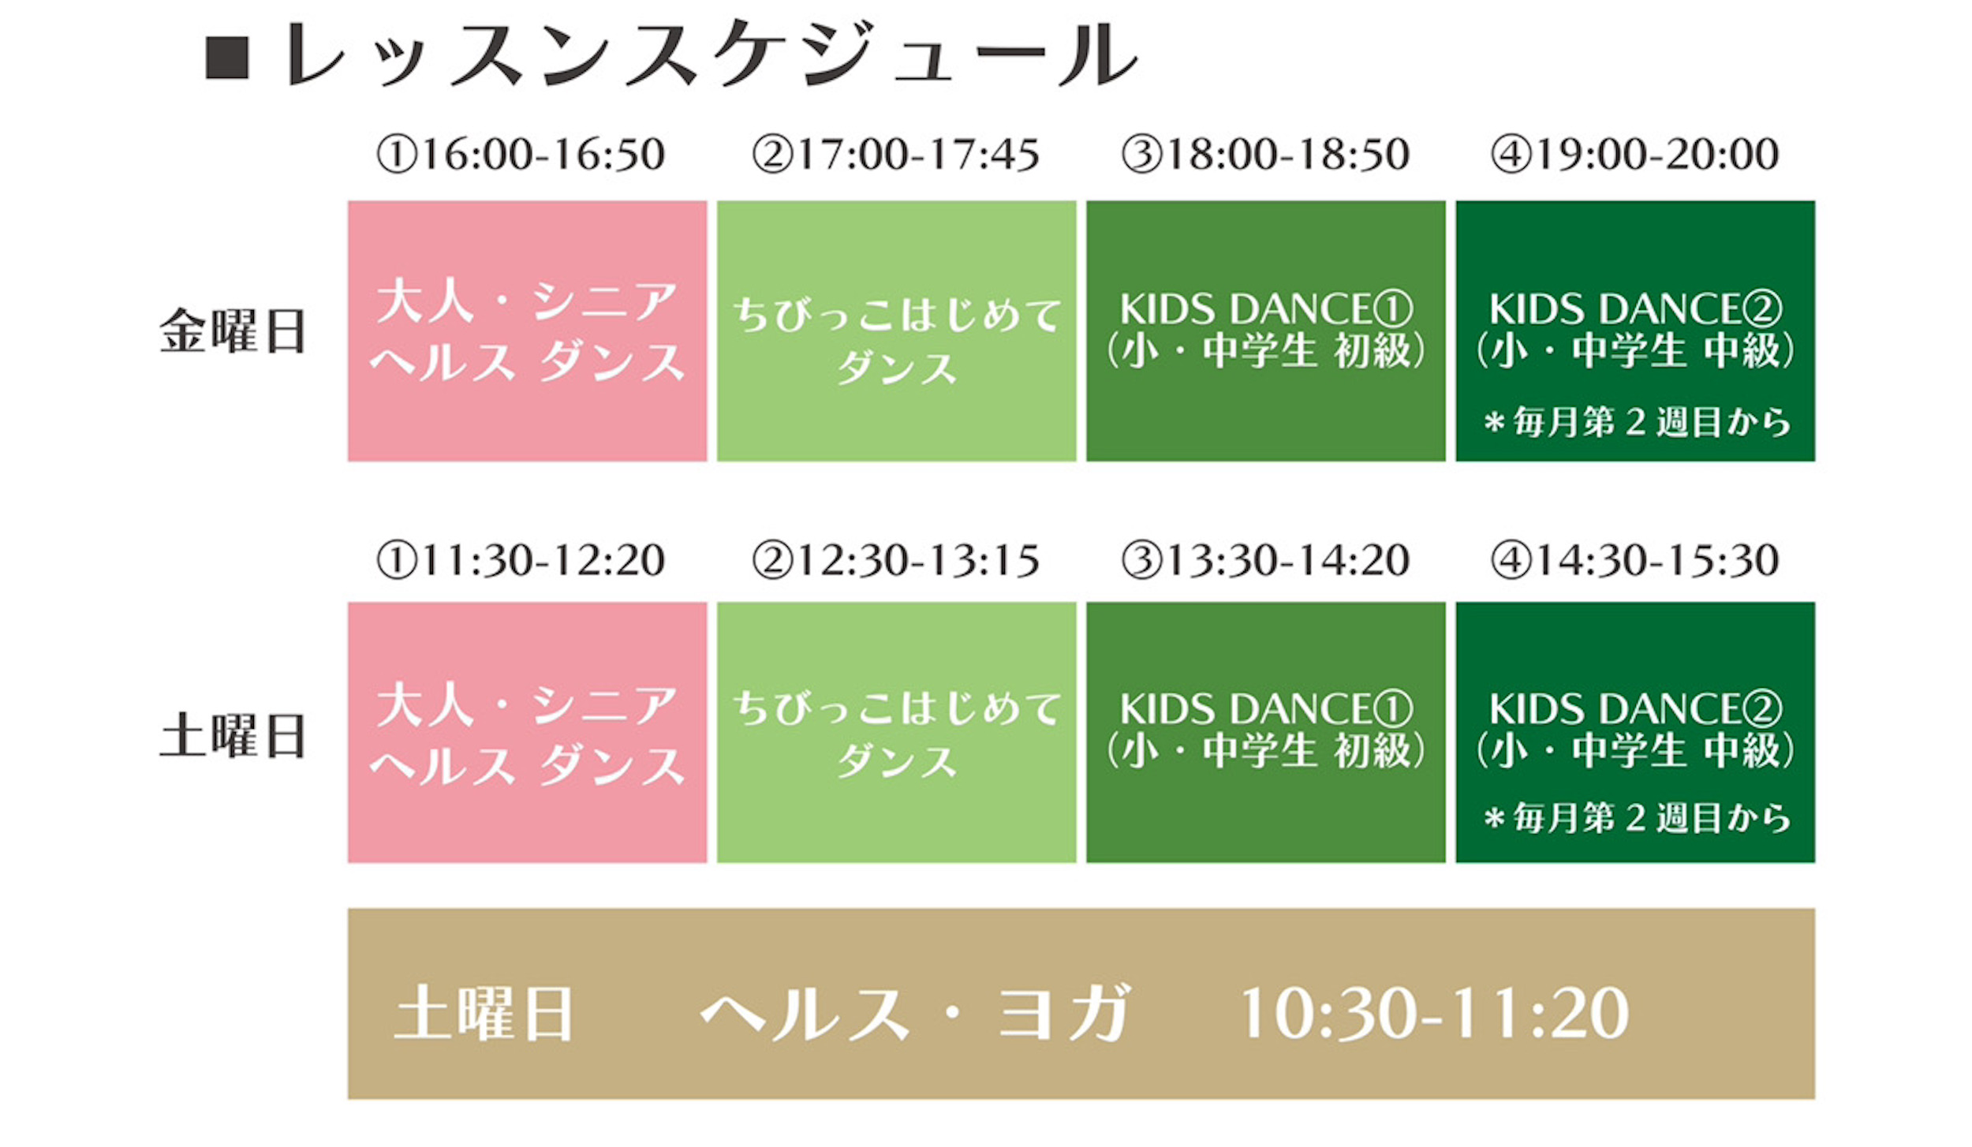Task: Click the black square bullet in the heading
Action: pyautogui.click(x=227, y=58)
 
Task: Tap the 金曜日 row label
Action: pyautogui.click(x=233, y=331)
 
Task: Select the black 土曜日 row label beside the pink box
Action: pyautogui.click(x=233, y=736)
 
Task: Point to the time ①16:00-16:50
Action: pyautogui.click(x=521, y=154)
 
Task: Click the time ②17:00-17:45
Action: pyautogui.click(x=895, y=154)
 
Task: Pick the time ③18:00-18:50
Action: pyautogui.click(x=1265, y=154)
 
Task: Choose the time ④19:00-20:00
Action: pyautogui.click(x=1634, y=154)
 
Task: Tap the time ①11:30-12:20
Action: pyautogui.click(x=521, y=561)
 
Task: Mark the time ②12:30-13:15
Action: pyautogui.click(x=895, y=561)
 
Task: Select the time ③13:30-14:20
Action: pyautogui.click(x=1265, y=561)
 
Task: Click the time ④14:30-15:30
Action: pyautogui.click(x=1634, y=561)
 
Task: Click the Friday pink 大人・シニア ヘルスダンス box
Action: pyautogui.click(x=527, y=331)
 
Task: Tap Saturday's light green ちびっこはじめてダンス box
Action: pyautogui.click(x=896, y=733)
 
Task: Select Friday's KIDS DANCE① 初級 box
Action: pyautogui.click(x=1265, y=331)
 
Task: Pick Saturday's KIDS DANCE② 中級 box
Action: pyautogui.click(x=1635, y=733)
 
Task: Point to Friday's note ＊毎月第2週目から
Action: pyautogui.click(x=1637, y=423)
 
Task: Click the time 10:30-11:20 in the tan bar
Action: pyautogui.click(x=1434, y=1013)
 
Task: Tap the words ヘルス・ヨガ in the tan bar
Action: pyautogui.click(x=915, y=1013)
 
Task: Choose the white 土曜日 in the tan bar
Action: pyautogui.click(x=483, y=1014)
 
